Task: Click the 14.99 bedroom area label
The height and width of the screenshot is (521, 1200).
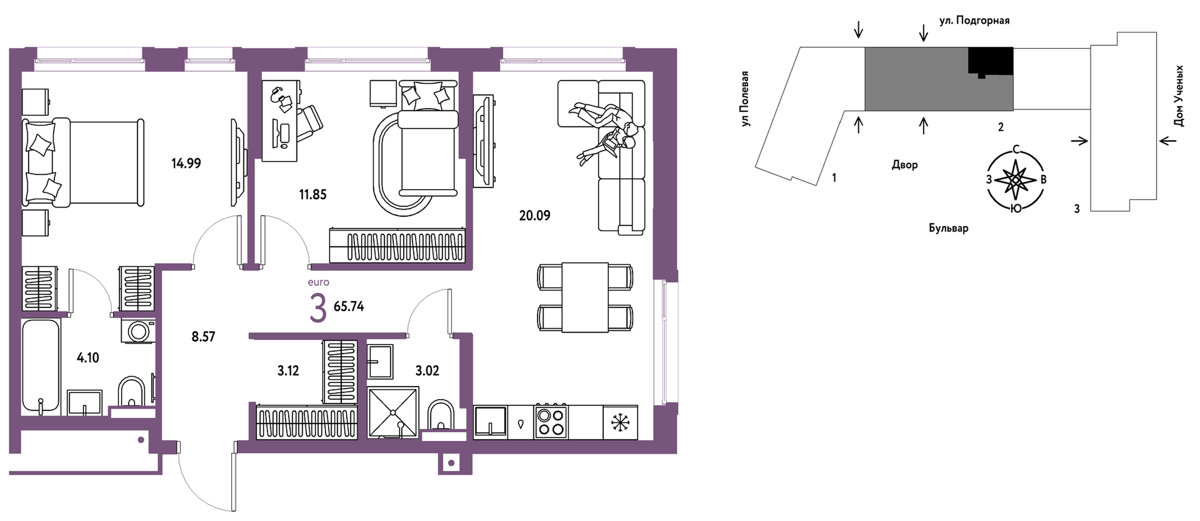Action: [186, 164]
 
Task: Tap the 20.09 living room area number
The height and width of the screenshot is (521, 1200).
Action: [534, 216]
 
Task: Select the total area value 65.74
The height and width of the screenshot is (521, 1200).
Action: [349, 307]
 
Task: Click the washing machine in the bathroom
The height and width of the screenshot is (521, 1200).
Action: [139, 331]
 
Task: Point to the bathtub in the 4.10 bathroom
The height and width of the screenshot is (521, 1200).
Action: [41, 367]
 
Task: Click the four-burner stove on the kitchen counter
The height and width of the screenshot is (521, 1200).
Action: [551, 422]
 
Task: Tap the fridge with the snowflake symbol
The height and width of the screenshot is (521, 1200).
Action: [620, 423]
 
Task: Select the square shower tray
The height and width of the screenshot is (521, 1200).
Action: [393, 412]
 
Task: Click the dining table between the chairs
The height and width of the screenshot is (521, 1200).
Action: [585, 297]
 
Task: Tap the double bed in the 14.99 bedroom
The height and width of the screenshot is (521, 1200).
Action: [83, 163]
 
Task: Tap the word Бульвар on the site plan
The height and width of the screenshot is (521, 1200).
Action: [949, 228]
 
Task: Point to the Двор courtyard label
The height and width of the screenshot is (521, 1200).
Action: [905, 165]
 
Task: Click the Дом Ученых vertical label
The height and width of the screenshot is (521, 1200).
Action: [1178, 96]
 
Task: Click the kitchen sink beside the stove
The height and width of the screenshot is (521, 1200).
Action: [490, 422]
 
